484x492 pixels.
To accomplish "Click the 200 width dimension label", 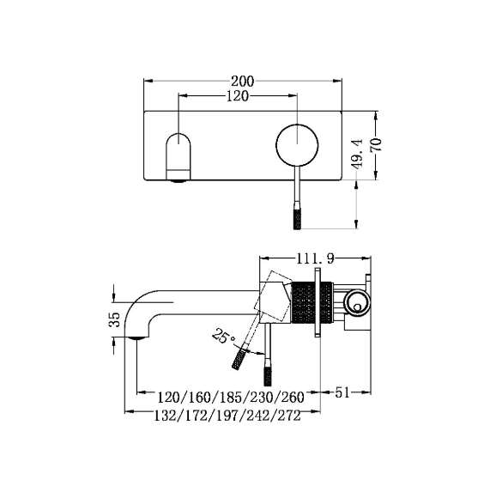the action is pos(242,82).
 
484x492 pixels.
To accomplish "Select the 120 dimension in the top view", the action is pos(238,95).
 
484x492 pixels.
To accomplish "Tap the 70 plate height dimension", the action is pos(376,145).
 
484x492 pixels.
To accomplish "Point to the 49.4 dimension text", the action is pos(358,154).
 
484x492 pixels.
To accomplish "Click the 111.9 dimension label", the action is pos(316,258).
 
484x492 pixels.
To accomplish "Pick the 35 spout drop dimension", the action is pos(115,319).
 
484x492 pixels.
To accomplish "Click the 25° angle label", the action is pos(224,336).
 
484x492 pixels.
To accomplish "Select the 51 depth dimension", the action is pos(342,392).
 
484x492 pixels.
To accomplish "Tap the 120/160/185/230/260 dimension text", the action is pos(231,398).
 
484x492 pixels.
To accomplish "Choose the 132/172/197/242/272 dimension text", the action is pos(227,416).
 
